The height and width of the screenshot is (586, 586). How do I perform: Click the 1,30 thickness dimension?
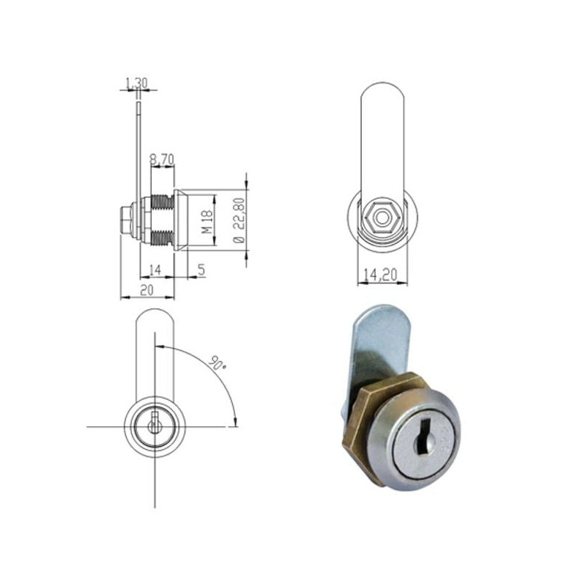point(136,84)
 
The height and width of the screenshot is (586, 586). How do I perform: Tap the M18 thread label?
point(207,221)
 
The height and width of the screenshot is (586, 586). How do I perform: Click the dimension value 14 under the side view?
point(155,269)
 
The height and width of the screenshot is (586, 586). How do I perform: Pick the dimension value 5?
point(200,269)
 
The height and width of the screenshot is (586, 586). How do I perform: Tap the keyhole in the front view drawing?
point(154,425)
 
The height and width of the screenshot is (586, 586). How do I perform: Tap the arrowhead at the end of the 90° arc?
point(235,421)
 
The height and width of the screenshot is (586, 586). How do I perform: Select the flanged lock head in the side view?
point(180,221)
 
